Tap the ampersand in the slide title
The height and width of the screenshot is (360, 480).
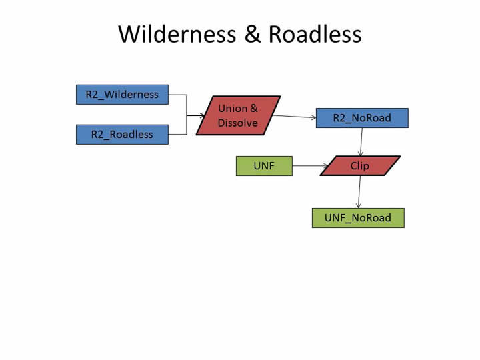click(x=252, y=34)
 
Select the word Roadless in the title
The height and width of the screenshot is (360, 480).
click(x=315, y=34)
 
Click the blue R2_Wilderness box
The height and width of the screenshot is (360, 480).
click(x=122, y=95)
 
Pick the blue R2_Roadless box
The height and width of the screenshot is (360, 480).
click(x=122, y=134)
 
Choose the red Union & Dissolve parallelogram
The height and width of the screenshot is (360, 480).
click(x=238, y=115)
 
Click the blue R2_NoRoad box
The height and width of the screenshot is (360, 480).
click(x=362, y=118)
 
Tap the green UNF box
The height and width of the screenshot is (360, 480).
click(x=264, y=166)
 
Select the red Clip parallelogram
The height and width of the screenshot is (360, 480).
click(x=360, y=166)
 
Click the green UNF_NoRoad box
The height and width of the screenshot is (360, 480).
click(x=358, y=218)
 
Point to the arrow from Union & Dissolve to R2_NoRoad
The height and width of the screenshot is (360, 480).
click(x=293, y=117)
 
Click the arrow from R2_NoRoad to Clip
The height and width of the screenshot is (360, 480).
click(x=361, y=141)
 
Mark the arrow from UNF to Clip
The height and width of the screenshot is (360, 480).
click(x=310, y=166)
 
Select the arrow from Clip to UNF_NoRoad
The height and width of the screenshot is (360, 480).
click(x=359, y=192)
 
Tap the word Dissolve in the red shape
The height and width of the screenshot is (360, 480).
click(x=237, y=123)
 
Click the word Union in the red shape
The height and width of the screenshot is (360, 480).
click(x=232, y=108)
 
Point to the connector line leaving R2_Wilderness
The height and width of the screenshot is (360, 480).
click(x=177, y=95)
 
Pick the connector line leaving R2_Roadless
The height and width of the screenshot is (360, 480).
click(x=177, y=134)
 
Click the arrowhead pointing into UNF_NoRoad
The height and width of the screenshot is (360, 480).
click(x=359, y=205)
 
